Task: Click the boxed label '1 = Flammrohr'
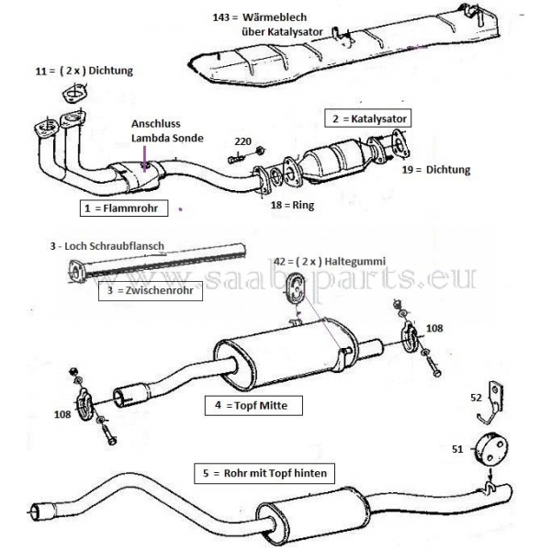tap(119, 209)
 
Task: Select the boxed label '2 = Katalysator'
tap(366, 118)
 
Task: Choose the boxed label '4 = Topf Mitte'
tap(246, 403)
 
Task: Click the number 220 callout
tap(242, 141)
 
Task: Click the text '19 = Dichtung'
tap(435, 170)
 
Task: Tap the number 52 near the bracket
tap(475, 399)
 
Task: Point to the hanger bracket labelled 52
tap(497, 397)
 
